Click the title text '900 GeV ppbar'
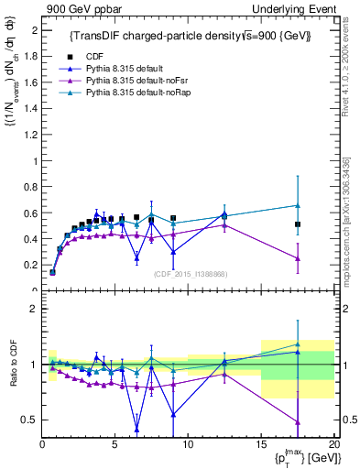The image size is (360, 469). [x=80, y=8]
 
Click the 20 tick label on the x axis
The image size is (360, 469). [x=333, y=444]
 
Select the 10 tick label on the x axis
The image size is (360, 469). [x=188, y=444]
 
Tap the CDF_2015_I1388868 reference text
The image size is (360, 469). [x=190, y=274]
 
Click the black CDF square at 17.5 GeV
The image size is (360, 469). [x=298, y=224]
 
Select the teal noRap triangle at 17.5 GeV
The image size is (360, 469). [x=298, y=205]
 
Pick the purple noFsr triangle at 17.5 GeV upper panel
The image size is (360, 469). [x=298, y=258]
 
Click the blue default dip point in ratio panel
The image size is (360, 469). [x=136, y=428]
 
